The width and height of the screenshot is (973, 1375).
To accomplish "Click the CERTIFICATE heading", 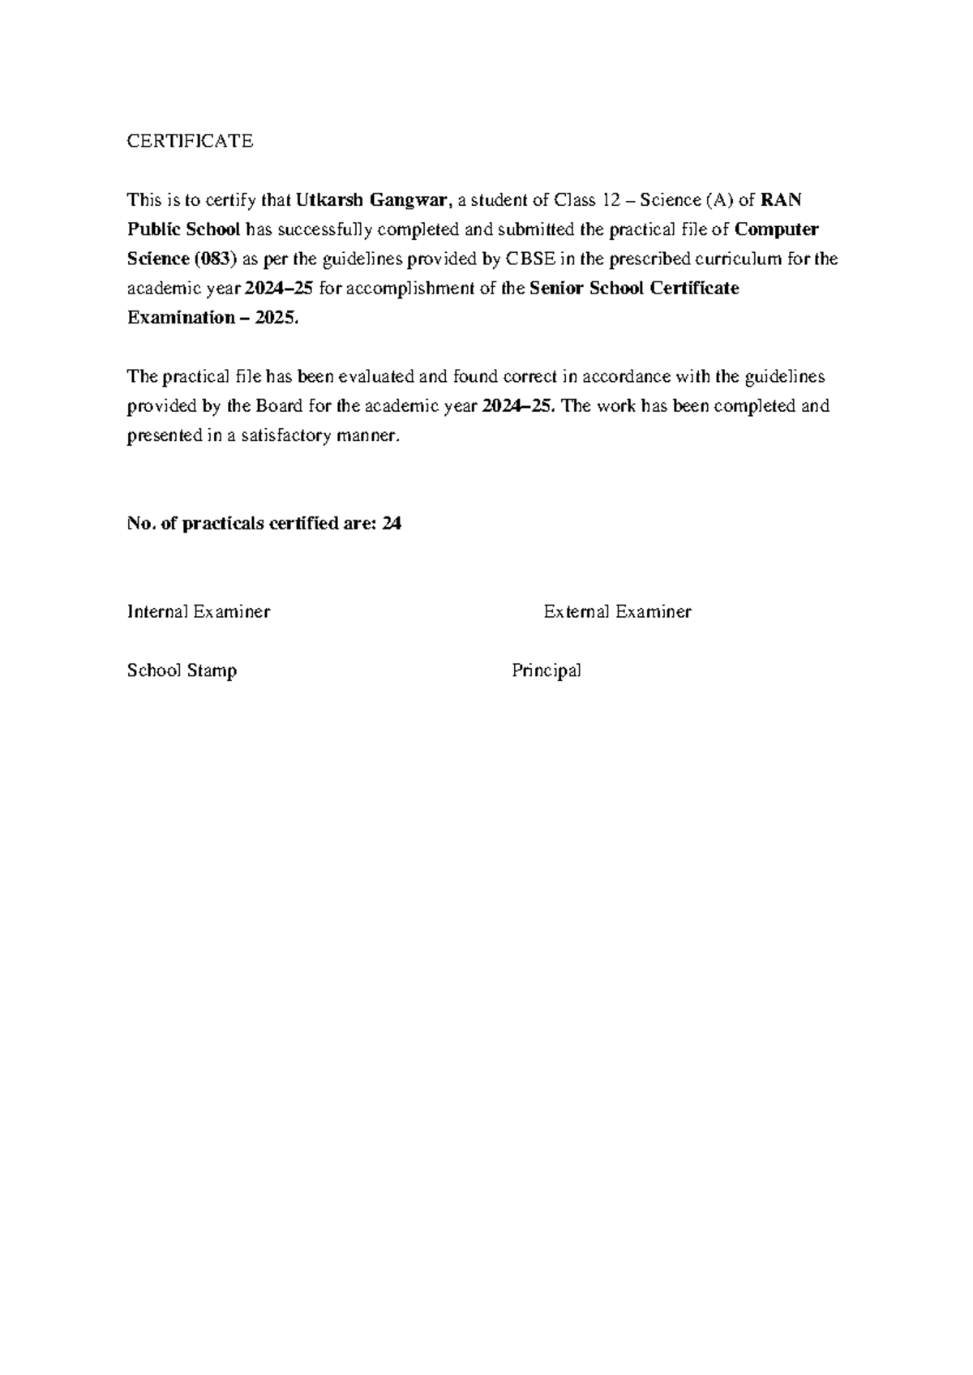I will [190, 141].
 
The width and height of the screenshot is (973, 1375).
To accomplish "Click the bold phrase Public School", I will [184, 229].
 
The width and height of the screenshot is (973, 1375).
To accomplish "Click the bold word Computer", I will [777, 229].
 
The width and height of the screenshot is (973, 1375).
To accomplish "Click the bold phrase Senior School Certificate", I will [634, 289].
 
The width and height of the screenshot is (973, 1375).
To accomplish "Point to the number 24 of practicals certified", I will [392, 524].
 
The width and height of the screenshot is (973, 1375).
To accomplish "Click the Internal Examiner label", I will [199, 612].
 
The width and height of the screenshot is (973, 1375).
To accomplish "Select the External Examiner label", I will [617, 612].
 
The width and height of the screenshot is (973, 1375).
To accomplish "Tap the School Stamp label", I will [182, 671].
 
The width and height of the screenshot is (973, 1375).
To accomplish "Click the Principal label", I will [547, 671].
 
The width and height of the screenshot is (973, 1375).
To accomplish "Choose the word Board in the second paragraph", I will [277, 406].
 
